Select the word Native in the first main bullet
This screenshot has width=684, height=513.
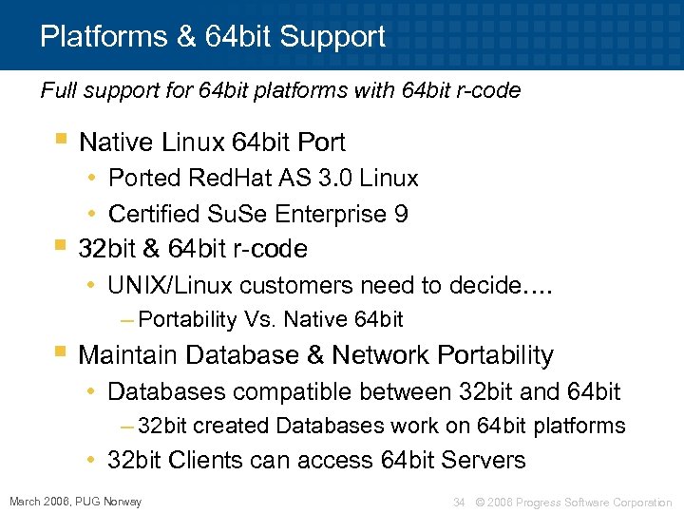pyautogui.click(x=117, y=142)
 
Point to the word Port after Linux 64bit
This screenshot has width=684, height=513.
pyautogui.click(x=321, y=142)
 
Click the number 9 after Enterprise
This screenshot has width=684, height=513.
pyautogui.click(x=402, y=214)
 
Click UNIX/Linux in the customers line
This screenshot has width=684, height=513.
pyautogui.click(x=171, y=285)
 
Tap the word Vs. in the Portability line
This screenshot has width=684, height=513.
pyautogui.click(x=258, y=319)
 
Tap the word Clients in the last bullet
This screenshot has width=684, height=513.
pyautogui.click(x=201, y=460)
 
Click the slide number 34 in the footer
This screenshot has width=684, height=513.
pyautogui.click(x=459, y=502)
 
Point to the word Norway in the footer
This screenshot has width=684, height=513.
pyautogui.click(x=123, y=501)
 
